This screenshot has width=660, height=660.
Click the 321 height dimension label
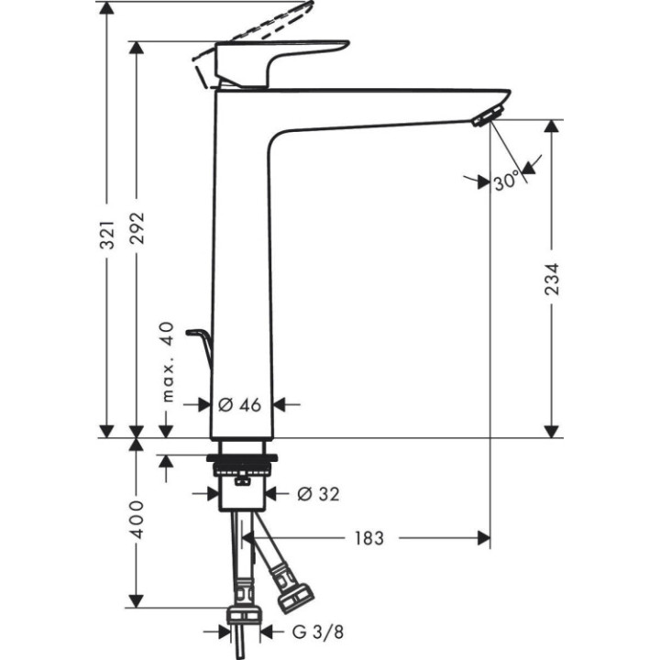point(107,236)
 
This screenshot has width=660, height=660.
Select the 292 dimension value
point(137,236)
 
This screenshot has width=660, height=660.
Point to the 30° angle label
point(506,181)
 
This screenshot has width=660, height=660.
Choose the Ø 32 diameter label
point(318,494)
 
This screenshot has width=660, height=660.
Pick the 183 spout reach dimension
point(368,538)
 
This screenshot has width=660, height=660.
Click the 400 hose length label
point(137,520)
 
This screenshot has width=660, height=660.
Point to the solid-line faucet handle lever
point(280,55)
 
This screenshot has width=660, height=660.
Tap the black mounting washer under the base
point(242,457)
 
